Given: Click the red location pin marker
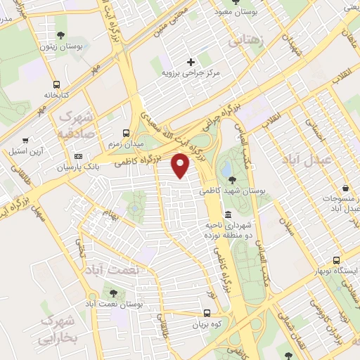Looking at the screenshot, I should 181,165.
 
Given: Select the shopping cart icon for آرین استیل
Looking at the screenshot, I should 25,140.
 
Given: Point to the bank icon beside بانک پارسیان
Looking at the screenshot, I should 78,156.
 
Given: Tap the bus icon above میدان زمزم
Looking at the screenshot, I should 126,132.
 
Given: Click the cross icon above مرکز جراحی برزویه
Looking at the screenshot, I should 191,62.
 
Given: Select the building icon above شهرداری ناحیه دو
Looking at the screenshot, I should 227,214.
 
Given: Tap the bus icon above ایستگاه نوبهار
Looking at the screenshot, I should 336,260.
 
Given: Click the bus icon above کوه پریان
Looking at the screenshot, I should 207,314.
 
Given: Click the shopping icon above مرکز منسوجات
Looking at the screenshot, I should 346,188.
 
